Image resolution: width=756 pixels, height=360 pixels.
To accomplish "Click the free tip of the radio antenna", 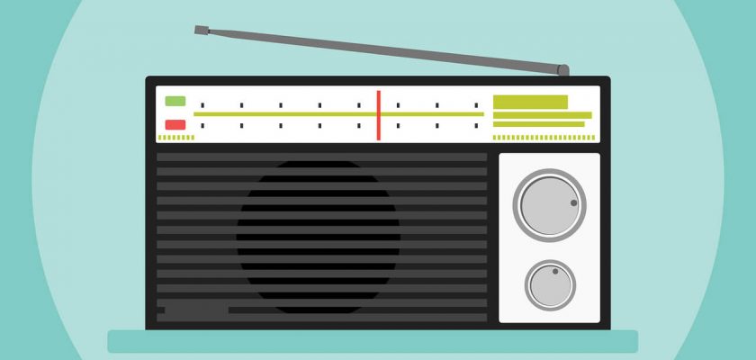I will click(199, 30).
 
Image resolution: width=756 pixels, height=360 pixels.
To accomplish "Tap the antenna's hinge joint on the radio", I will click(562, 69).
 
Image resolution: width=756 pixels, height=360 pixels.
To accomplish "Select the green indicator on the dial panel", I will click(175, 101).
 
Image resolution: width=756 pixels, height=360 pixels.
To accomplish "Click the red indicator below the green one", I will click(175, 125).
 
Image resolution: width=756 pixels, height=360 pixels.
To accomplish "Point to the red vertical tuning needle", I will click(378, 114).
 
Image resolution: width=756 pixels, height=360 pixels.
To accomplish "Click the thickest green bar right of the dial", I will click(530, 102).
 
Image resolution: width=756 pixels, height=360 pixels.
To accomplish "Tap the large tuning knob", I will click(549, 205).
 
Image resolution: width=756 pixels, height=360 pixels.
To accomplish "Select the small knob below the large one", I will click(551, 285).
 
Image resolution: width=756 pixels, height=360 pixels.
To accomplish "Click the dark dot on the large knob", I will click(573, 203).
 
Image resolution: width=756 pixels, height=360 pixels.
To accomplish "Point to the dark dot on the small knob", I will click(555, 271).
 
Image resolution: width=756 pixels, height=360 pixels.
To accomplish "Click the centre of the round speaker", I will click(319, 236).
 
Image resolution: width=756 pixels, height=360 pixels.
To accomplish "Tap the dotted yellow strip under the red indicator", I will click(175, 138).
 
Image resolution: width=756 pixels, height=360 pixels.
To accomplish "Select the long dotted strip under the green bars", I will click(544, 138).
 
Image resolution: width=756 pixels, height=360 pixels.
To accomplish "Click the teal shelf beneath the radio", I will click(373, 341).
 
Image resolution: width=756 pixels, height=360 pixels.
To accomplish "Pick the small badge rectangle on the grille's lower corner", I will click(196, 310).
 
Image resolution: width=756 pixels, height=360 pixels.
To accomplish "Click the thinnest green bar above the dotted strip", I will click(538, 124).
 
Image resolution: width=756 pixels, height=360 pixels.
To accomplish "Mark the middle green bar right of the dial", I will click(542, 115).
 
